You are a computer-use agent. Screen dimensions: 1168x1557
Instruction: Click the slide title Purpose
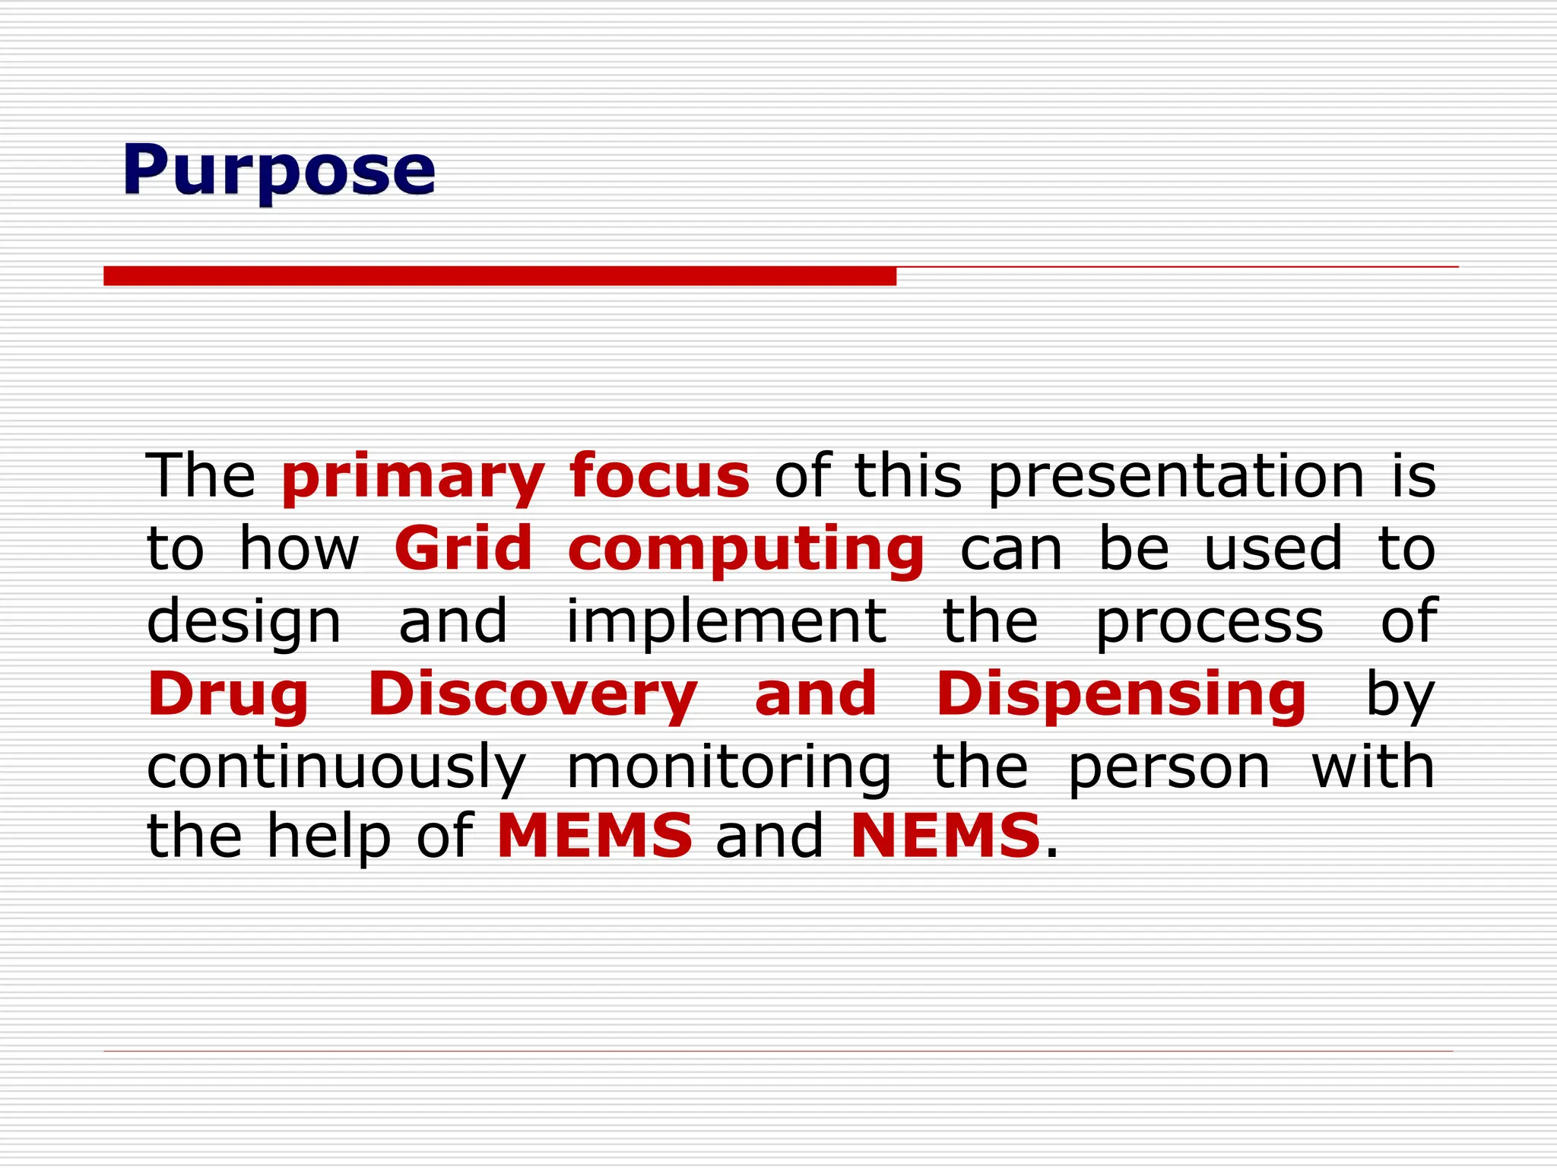(x=278, y=170)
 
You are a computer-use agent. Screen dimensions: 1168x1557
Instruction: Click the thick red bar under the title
(x=499, y=275)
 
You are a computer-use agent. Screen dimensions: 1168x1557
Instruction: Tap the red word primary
(x=413, y=477)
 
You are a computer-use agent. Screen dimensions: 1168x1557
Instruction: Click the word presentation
(x=1176, y=477)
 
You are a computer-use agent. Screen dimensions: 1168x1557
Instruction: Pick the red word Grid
(x=463, y=548)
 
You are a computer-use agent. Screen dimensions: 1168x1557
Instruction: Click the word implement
(x=726, y=621)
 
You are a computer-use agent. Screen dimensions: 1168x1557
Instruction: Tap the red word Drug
(x=228, y=695)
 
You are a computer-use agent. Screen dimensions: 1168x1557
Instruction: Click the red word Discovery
(x=532, y=695)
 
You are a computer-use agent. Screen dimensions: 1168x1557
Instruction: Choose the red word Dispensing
(x=1121, y=695)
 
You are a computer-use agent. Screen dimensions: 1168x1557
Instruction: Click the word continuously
(x=336, y=768)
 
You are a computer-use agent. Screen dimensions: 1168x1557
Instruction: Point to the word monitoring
(x=728, y=768)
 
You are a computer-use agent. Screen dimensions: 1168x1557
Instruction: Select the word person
(x=1169, y=768)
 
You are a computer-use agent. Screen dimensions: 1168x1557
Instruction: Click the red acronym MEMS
(x=595, y=836)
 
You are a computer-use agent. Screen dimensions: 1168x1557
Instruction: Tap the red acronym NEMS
(x=945, y=836)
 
